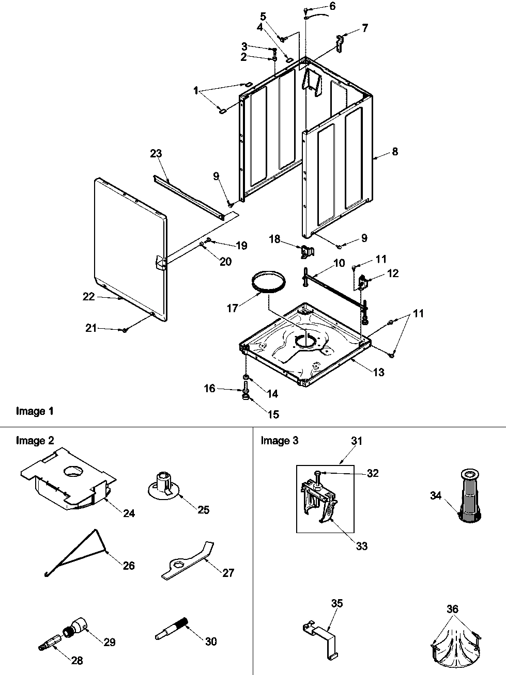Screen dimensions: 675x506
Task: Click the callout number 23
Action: click(156, 153)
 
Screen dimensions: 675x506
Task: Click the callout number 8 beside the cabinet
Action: click(395, 152)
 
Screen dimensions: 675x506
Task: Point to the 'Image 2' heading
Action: click(35, 440)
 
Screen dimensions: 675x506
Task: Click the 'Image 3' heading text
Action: click(280, 440)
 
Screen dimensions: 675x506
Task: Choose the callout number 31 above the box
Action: click(357, 441)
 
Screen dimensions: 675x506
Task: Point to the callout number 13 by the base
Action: click(378, 372)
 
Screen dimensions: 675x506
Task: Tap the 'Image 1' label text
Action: click(35, 411)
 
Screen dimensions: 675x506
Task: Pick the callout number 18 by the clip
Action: click(275, 239)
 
